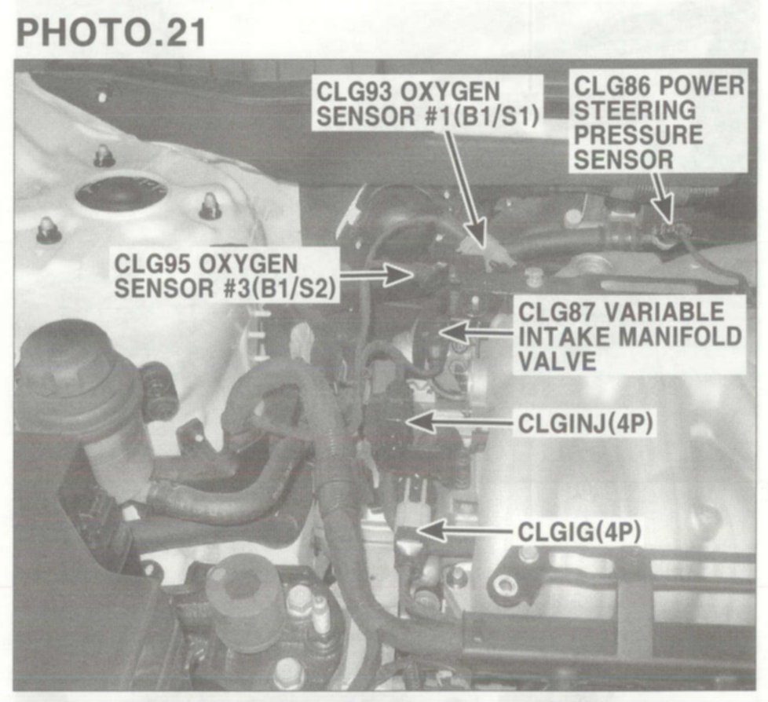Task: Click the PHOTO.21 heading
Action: [x=112, y=34]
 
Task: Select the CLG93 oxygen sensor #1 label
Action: [x=428, y=104]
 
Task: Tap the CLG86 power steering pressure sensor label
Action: [x=658, y=123]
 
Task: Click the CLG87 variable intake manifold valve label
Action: [x=629, y=337]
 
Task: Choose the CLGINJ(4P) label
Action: [x=585, y=424]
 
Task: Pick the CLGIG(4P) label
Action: [x=579, y=532]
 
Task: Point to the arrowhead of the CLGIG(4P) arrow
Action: [x=432, y=531]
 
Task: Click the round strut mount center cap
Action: [x=121, y=192]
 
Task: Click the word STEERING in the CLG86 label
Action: [x=635, y=110]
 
